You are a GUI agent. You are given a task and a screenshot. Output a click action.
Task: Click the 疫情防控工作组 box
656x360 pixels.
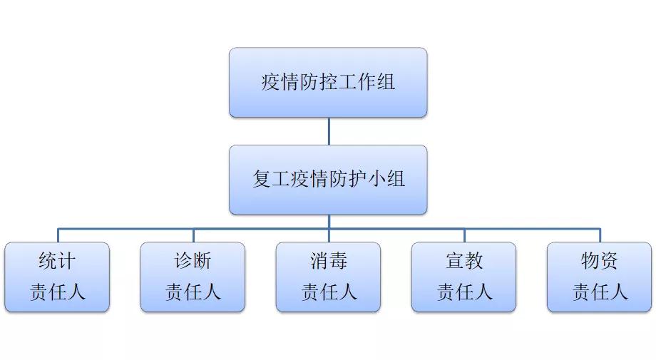point(328,82)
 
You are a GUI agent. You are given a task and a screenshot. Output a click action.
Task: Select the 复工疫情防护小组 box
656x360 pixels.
point(328,179)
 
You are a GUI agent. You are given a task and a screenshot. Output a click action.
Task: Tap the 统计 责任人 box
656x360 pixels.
point(57,277)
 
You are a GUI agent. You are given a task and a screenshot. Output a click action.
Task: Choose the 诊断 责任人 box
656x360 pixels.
point(193,277)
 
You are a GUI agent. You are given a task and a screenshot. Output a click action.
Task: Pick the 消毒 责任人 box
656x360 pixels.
point(328,277)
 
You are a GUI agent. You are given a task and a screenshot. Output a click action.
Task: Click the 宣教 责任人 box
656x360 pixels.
point(463,277)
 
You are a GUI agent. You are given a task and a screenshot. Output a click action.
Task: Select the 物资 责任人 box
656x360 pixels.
point(600,277)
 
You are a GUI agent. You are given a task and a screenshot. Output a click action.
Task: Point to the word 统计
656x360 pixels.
point(57,261)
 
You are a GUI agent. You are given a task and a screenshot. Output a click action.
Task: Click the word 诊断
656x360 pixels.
point(193,261)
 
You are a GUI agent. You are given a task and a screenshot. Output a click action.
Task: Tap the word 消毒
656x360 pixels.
point(328,261)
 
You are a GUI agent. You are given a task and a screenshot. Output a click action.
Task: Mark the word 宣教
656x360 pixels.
point(464,261)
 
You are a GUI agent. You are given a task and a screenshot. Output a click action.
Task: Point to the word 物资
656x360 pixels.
point(600,261)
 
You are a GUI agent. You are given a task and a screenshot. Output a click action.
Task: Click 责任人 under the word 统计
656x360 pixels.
point(57,292)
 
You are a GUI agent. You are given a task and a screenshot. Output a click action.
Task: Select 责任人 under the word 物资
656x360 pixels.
point(600,292)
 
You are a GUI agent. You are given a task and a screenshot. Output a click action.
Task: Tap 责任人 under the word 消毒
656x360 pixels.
point(328,292)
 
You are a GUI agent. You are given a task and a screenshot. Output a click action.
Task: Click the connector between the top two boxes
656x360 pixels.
point(329,131)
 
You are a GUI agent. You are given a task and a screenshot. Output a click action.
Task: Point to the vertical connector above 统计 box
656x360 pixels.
point(58,235)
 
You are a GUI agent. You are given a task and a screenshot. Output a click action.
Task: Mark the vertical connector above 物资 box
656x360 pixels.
point(600,235)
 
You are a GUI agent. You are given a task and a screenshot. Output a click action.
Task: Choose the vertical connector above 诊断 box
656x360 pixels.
point(193,235)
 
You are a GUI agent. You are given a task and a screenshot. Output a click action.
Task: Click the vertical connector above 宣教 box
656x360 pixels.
point(464,235)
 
